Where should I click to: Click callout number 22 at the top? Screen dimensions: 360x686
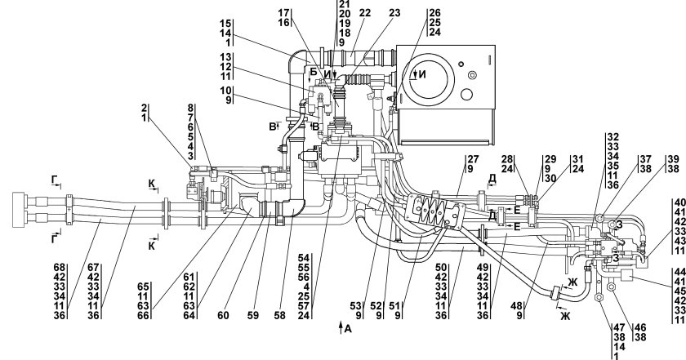pyautogui.click(x=364, y=13)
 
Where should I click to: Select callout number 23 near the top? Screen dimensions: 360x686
pyautogui.click(x=395, y=13)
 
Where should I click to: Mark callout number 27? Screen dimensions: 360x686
pyautogui.click(x=472, y=159)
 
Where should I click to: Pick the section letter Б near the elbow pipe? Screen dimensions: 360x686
pyautogui.click(x=313, y=72)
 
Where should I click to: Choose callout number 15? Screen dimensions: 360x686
pyautogui.click(x=226, y=22)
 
